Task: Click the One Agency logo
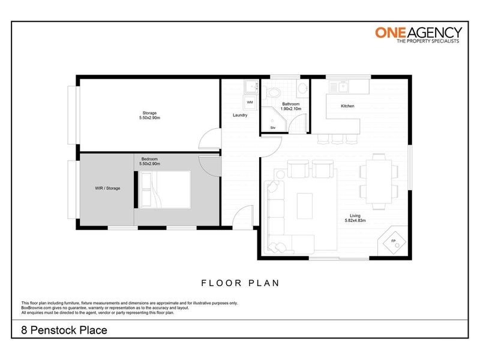418,35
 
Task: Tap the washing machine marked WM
250,102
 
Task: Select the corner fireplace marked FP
394,242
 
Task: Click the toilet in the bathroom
271,92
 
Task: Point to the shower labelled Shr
274,119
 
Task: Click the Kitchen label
347,106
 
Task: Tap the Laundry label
240,115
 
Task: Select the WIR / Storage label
107,188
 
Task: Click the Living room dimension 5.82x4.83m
355,220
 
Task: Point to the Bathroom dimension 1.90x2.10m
291,109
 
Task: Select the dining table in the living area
379,181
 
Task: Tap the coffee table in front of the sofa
305,206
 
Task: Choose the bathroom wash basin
304,88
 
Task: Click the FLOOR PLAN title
241,283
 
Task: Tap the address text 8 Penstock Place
64,330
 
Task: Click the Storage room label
149,113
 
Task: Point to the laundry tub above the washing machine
251,86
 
